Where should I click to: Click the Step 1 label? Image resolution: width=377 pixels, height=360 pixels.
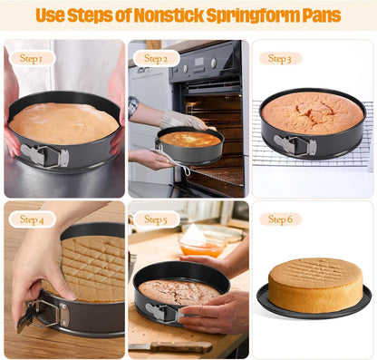pyautogui.click(x=31, y=58)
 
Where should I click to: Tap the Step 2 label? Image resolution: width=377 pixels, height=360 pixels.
pyautogui.click(x=156, y=58)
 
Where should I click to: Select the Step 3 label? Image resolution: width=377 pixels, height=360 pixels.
pyautogui.click(x=280, y=58)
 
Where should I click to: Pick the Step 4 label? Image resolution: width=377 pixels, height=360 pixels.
pyautogui.click(x=31, y=219)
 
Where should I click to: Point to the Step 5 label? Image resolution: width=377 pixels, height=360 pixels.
pyautogui.click(x=156, y=219)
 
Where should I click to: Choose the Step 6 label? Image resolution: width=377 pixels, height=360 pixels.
pyautogui.click(x=280, y=219)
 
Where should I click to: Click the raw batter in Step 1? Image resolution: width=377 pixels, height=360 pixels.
pyautogui.click(x=63, y=122)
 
